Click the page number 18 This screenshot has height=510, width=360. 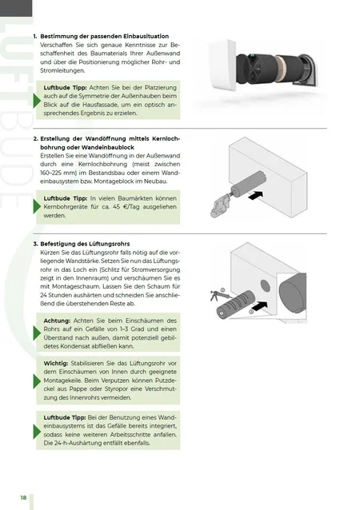(x=23, y=498)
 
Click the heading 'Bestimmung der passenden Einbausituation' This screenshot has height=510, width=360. (x=105, y=36)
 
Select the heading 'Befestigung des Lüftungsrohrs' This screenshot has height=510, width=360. (x=85, y=244)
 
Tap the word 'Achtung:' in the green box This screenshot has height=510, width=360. (x=57, y=321)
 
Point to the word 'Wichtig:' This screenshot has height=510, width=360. (x=56, y=363)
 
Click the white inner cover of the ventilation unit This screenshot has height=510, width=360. (x=223, y=65)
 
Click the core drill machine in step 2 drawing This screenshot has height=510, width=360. (x=219, y=207)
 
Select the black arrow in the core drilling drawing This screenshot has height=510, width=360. (x=255, y=196)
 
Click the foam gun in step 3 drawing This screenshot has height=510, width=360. (x=219, y=295)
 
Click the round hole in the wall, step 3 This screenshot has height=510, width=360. (x=266, y=285)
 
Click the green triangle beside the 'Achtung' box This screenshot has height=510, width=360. (x=37, y=333)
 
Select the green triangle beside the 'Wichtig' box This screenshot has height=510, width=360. (x=37, y=381)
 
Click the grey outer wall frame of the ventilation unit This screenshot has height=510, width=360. (x=310, y=70)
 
